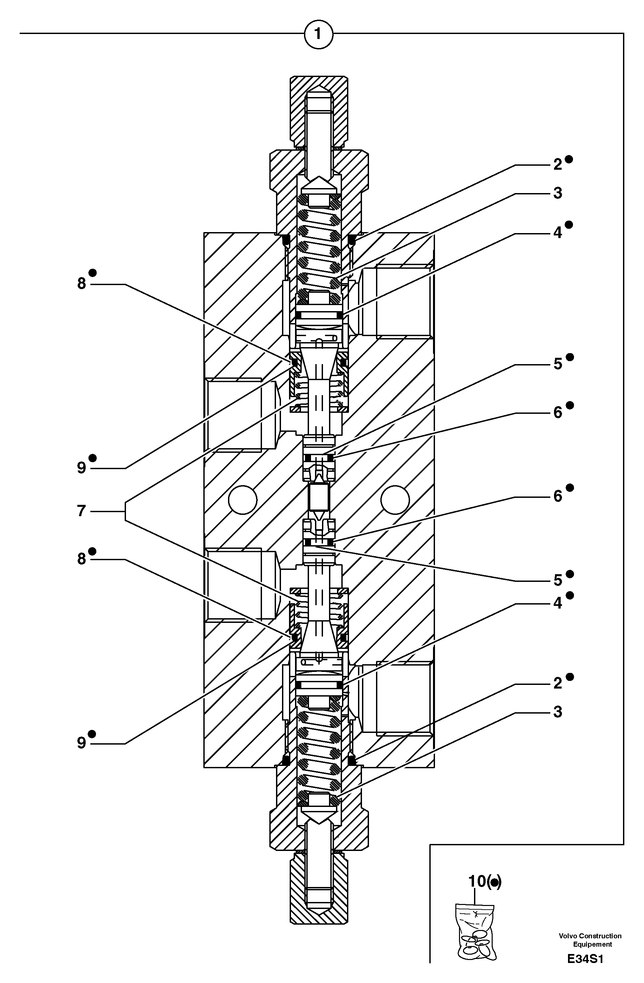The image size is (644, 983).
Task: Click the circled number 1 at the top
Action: [x=318, y=34]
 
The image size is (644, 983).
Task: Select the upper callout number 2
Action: [x=558, y=165]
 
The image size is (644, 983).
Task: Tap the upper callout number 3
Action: [x=558, y=193]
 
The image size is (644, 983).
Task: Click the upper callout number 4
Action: [x=558, y=233]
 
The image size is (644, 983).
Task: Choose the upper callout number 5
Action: [x=558, y=364]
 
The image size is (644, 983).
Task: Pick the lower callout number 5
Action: [x=558, y=580]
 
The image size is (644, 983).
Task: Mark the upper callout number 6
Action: [x=558, y=412]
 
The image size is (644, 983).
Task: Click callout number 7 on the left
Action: [x=81, y=511]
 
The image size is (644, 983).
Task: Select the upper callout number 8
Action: [x=82, y=283]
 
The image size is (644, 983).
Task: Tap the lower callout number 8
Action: [x=82, y=559]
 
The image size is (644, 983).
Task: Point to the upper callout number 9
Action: [x=82, y=467]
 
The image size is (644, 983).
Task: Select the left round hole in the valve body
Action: [x=243, y=500]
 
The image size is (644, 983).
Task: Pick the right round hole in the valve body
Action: [x=395, y=500]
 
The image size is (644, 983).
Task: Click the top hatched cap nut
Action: [x=318, y=111]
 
